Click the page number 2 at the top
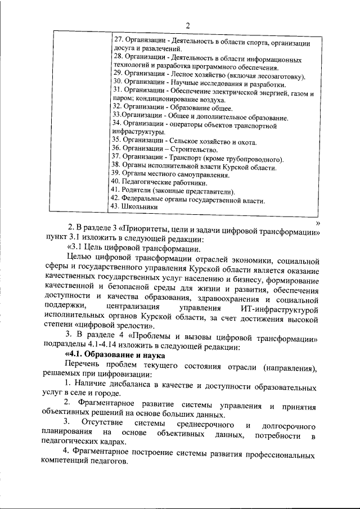[x=188, y=25]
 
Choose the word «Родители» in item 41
[x=139, y=191]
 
